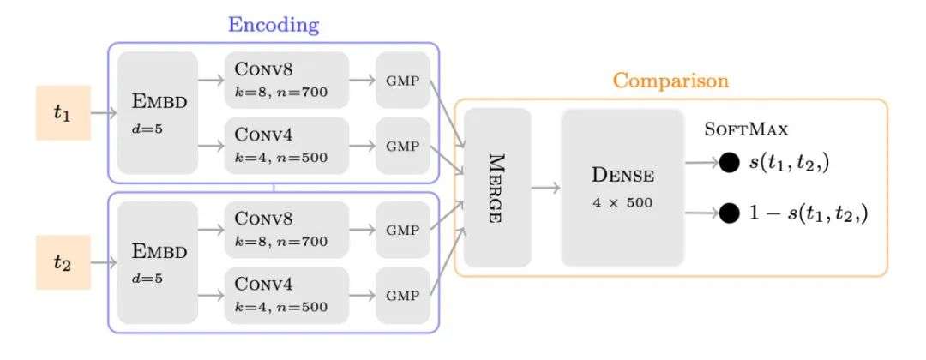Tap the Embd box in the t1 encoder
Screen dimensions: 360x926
pos(158,113)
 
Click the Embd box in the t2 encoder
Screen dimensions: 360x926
pos(158,261)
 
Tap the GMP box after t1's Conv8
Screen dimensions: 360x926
pos(403,80)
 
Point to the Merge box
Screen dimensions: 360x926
pos(497,188)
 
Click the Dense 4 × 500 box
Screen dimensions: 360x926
pos(622,188)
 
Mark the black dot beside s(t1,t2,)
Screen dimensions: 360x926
pos(729,162)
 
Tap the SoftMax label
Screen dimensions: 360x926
pos(746,130)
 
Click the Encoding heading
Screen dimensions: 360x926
pos(273,25)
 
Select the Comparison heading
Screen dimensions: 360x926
pos(670,81)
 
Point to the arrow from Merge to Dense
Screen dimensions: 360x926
pos(546,188)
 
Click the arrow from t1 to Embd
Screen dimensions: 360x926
pos(104,112)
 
